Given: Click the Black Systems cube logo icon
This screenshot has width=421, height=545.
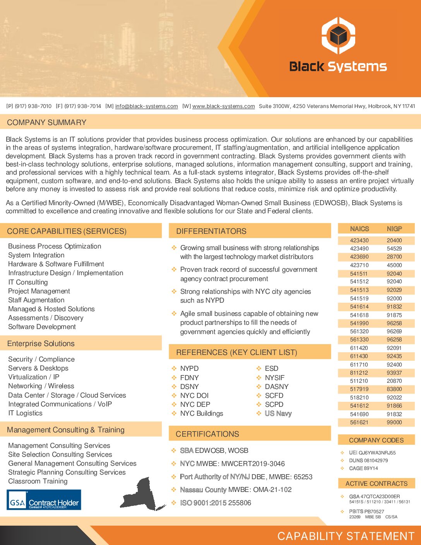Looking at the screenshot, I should click(x=338, y=36).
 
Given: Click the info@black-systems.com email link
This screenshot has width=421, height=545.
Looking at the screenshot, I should click(x=146, y=106).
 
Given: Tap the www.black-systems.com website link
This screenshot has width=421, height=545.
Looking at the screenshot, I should click(x=223, y=106).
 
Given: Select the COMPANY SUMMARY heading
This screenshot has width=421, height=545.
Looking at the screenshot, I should click(x=46, y=122).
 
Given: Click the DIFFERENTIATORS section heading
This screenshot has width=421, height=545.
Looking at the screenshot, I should click(x=211, y=231).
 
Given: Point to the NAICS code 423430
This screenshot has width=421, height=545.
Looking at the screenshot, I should click(x=359, y=240).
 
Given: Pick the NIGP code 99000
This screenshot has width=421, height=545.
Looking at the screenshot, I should click(x=394, y=422).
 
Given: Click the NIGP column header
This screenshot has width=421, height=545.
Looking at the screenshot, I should click(x=394, y=229).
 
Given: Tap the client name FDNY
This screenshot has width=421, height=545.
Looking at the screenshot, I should click(x=189, y=377).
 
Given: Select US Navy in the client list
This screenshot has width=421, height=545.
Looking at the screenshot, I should click(x=278, y=413).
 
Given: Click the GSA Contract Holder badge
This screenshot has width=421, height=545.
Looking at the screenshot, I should click(x=44, y=500).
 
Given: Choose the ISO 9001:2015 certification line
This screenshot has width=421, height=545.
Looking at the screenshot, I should click(x=215, y=503).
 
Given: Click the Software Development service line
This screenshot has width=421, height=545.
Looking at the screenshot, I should click(x=42, y=327).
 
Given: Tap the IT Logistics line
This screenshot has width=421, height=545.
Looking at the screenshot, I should click(x=25, y=413).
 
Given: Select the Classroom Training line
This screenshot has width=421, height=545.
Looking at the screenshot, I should click(x=38, y=481).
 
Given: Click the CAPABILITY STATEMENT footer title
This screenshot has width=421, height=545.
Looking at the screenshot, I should click(x=346, y=536).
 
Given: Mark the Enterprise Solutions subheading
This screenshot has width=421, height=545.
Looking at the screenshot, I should click(x=41, y=343).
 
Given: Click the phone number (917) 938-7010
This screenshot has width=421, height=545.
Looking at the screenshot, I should click(x=33, y=106).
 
